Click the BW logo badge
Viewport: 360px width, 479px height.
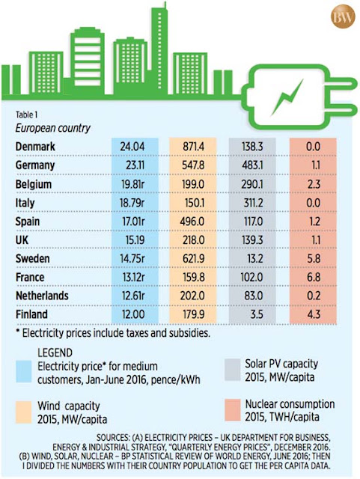click(343, 16)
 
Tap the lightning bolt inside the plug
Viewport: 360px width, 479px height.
click(288, 97)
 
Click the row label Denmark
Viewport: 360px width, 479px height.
click(35, 147)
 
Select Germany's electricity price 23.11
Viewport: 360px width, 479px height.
click(135, 165)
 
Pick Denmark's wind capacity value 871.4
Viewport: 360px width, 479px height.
click(193, 147)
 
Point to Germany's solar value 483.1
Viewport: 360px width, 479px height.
click(252, 165)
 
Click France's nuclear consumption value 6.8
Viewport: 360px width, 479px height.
click(314, 277)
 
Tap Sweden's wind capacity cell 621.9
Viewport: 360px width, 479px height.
click(192, 258)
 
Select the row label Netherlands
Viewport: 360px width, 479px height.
click(42, 296)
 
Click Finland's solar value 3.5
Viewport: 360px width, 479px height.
click(257, 314)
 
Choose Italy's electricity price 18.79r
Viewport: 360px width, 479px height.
click(132, 203)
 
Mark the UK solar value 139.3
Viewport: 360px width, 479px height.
click(252, 239)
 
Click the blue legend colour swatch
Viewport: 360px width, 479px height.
click(23, 371)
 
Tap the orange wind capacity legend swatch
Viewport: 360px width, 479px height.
click(23, 412)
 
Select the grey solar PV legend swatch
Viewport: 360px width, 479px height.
click(232, 370)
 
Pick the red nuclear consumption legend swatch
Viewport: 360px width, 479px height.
click(232, 410)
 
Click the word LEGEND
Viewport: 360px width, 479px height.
click(55, 353)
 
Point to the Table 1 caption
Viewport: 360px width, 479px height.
click(26, 115)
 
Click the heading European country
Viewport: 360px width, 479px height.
click(53, 128)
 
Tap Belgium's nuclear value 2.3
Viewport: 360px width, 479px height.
click(314, 184)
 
